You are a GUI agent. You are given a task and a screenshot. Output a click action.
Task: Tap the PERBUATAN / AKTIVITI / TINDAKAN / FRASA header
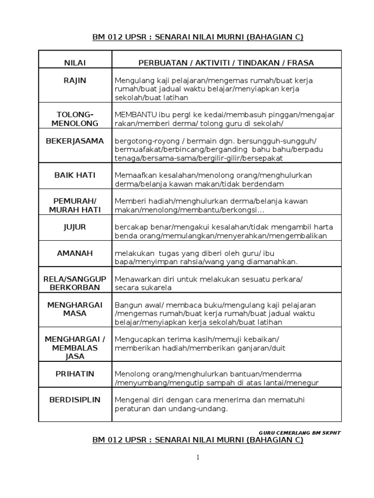point(226,63)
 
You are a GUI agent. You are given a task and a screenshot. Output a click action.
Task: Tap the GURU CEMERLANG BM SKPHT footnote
point(299,432)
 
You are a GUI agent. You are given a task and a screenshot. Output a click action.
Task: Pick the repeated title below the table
point(198,440)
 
